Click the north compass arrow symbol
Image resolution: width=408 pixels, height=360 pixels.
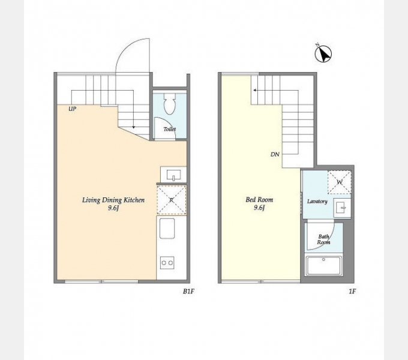coord(323,53)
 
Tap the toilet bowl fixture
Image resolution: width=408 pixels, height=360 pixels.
coord(169,104)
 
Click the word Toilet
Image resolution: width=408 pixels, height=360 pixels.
coord(169,129)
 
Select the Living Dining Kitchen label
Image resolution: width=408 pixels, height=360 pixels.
coord(113,200)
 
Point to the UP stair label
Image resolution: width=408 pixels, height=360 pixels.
coord(73,109)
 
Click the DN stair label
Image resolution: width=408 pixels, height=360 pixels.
coord(275,154)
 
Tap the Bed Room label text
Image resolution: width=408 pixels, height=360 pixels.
coord(259,200)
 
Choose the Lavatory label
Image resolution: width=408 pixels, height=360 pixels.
coord(317,202)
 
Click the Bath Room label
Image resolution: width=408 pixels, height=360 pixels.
coord(323,239)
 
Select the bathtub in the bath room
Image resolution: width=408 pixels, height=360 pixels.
coord(323,266)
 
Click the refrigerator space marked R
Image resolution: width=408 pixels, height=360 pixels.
coord(172,200)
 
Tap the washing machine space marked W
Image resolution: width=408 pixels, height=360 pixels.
coord(340,182)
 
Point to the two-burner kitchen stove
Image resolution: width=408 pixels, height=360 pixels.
coord(167,263)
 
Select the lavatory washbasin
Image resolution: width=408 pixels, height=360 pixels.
coord(341,208)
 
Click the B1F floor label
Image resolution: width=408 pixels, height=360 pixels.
coord(188,292)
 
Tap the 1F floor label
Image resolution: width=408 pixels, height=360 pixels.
coord(352,292)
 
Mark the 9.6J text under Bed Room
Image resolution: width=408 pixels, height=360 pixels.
coord(259,208)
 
